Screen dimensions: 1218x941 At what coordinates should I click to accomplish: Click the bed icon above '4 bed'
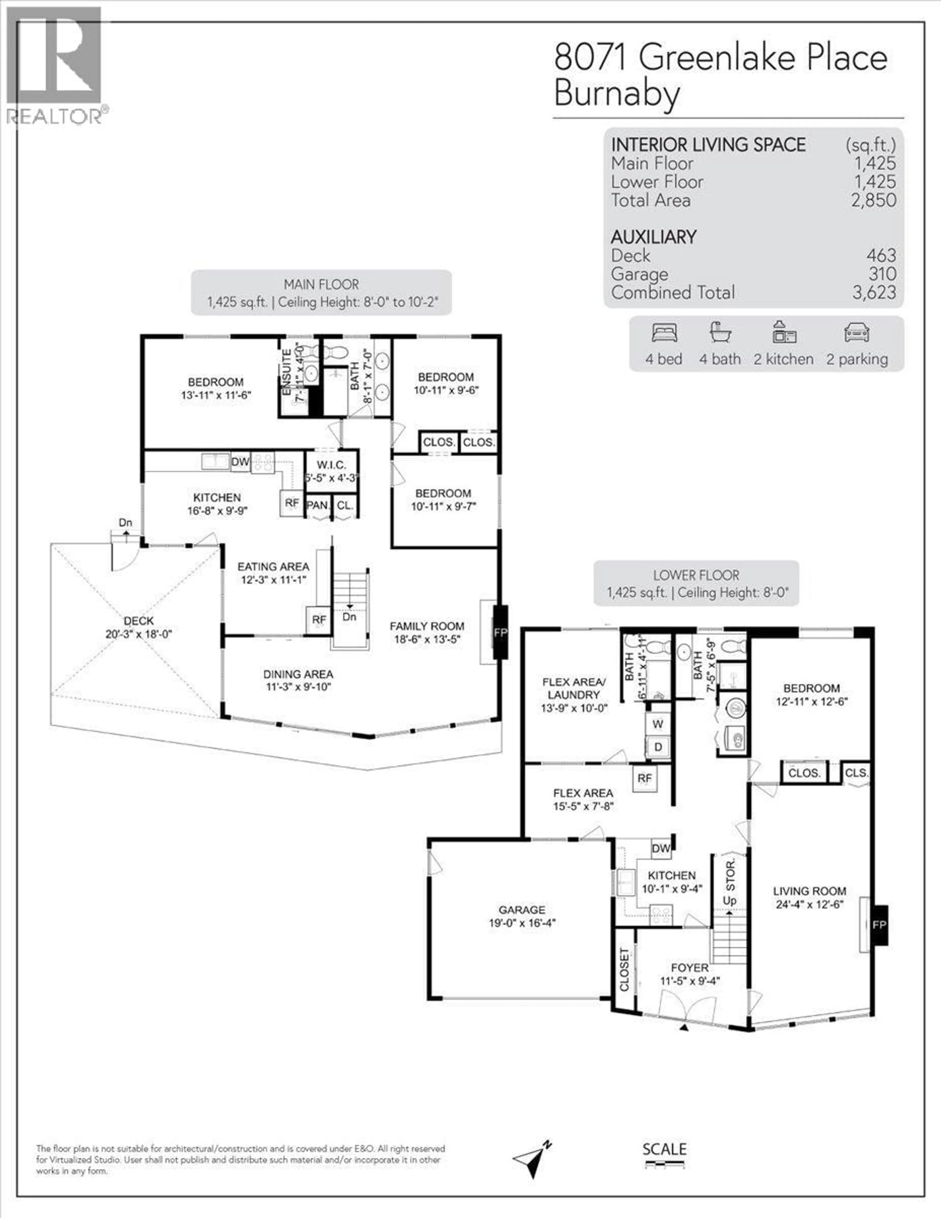click(x=664, y=333)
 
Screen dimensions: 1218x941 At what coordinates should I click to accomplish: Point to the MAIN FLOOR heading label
click(x=321, y=284)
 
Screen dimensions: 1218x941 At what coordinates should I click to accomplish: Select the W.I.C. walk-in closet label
click(x=331, y=465)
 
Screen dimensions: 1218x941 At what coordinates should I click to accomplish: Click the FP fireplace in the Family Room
click(x=500, y=632)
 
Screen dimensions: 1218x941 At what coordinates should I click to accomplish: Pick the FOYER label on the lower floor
click(x=690, y=968)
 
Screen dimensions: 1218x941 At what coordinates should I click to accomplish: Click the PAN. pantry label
click(x=317, y=505)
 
